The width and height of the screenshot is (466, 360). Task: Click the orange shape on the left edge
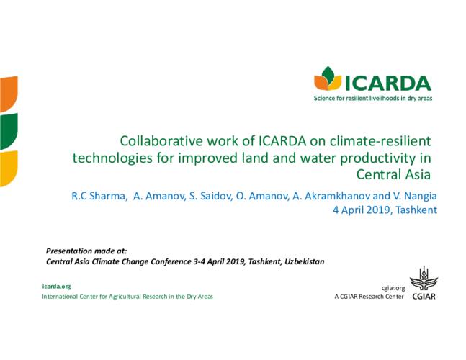pos(9,94)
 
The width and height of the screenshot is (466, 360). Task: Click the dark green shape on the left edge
pos(9,131)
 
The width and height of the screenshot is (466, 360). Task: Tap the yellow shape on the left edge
pos(9,168)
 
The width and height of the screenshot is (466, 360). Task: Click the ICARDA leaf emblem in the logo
pos(328,78)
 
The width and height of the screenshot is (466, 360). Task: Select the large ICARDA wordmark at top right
pos(388,84)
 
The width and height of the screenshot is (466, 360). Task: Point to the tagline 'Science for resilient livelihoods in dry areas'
pos(373,99)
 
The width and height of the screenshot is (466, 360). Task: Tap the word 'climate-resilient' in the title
pos(380,141)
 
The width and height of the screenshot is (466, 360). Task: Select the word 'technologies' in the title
pos(112,158)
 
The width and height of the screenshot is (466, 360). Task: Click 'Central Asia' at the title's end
pos(393,174)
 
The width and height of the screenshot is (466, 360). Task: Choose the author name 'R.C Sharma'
pos(99,196)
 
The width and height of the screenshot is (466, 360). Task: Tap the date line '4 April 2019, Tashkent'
pos(385,210)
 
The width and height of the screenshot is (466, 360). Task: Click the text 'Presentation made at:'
pos(86,251)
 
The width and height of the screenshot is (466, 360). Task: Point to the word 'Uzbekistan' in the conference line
pos(305,261)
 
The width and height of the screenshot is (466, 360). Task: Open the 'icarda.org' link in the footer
pos(56,287)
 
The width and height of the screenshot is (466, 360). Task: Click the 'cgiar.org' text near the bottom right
pos(393,288)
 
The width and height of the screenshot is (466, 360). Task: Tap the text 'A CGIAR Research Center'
pos(369,297)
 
